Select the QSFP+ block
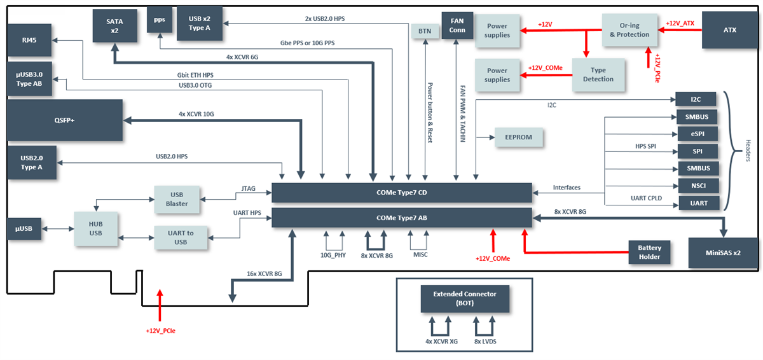click(x=64, y=120)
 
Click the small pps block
click(x=159, y=20)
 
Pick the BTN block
click(x=423, y=31)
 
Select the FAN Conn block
click(x=457, y=25)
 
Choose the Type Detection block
click(x=598, y=74)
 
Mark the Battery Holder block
click(x=650, y=252)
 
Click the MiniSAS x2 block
click(x=723, y=253)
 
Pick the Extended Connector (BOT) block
click(x=465, y=298)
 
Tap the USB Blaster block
click(x=177, y=199)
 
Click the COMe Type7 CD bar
click(x=401, y=193)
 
